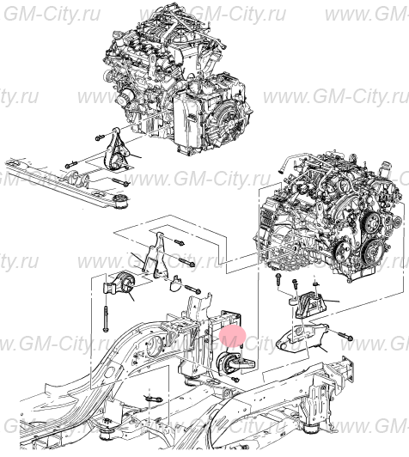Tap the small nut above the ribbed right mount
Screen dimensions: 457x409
point(315,281)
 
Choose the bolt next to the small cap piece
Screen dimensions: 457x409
point(192,289)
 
